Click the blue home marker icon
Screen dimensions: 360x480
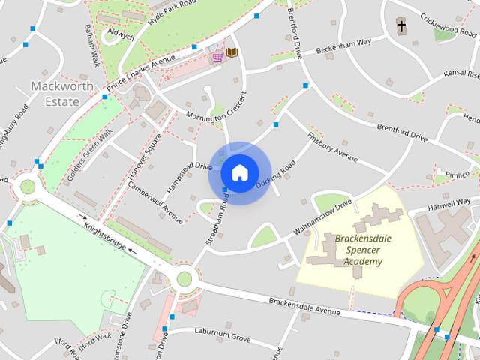tap(239, 172)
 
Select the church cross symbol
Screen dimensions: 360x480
tap(401, 28)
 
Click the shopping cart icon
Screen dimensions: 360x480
tap(217, 55)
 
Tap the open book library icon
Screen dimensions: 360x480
tap(232, 52)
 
